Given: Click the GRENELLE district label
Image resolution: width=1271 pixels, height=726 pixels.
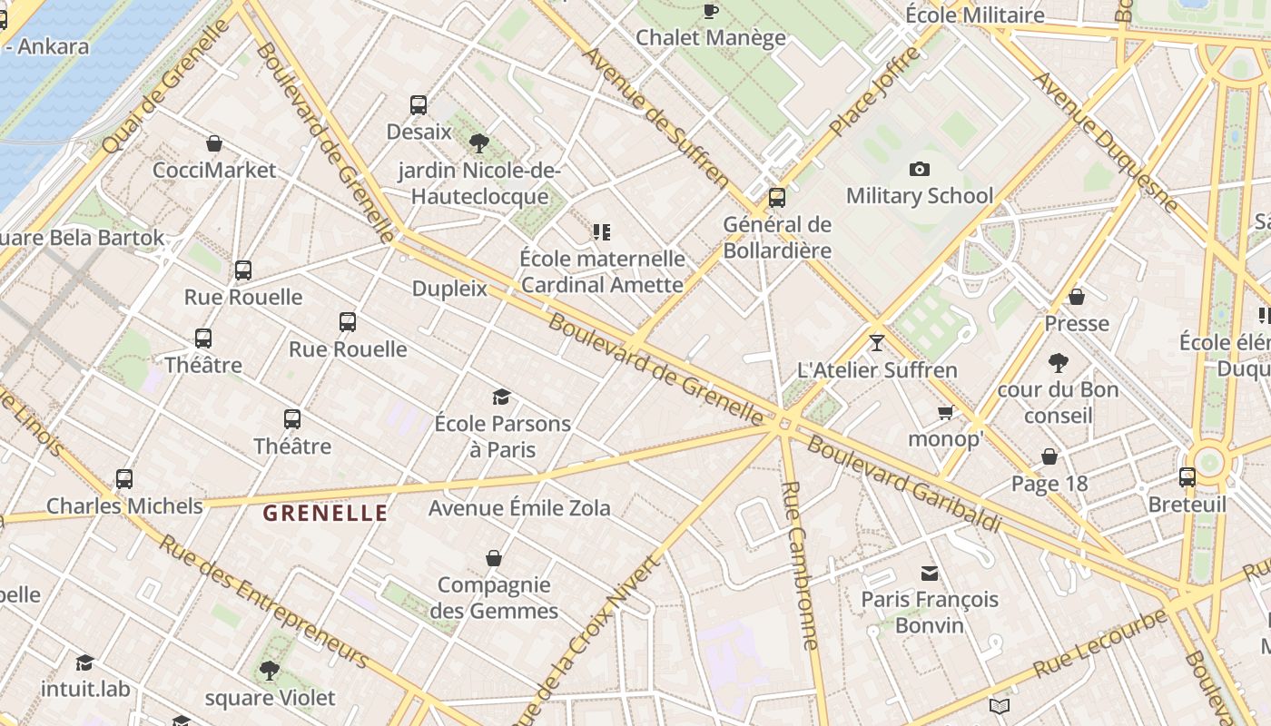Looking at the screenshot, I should [x=325, y=514].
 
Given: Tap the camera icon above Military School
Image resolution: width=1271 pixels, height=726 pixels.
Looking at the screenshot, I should [x=919, y=169].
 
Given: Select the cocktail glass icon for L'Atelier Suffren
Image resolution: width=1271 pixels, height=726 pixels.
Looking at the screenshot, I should [x=876, y=343].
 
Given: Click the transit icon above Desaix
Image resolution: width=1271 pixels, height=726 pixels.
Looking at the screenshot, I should [x=419, y=105].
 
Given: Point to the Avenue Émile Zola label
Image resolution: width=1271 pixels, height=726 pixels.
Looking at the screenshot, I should [x=519, y=507].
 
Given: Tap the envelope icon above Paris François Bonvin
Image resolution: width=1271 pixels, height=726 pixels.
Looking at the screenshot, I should [x=930, y=573].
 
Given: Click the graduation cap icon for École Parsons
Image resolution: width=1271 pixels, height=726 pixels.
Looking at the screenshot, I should [x=501, y=397].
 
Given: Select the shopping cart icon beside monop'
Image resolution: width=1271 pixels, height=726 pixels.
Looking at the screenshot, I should [x=945, y=413].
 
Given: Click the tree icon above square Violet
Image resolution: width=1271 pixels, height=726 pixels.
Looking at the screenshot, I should [x=269, y=671].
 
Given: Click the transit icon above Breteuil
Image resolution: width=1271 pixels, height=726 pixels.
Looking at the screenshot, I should [x=1187, y=477].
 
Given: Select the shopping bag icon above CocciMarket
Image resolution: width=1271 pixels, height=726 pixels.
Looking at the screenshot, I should [x=214, y=143].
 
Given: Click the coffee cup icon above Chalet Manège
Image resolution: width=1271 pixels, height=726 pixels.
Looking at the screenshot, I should [x=710, y=11].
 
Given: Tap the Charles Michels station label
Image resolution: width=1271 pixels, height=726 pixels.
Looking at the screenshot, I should [x=124, y=505].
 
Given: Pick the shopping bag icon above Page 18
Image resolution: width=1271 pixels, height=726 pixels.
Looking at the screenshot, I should [x=1049, y=456].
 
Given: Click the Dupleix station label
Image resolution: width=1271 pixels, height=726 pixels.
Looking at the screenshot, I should [x=449, y=289].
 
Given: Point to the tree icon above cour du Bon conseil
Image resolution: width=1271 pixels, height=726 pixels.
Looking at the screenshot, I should [x=1058, y=363].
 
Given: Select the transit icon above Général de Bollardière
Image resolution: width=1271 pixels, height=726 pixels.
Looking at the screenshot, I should [x=777, y=197].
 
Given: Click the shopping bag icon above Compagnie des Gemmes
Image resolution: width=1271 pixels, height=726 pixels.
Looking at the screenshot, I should [x=494, y=557].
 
